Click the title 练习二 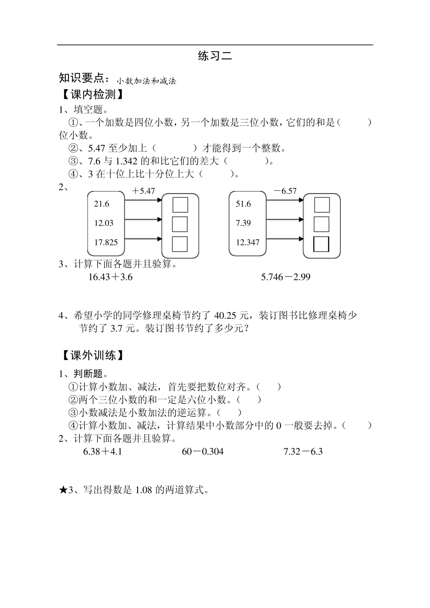point(215,56)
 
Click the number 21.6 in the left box point(101,204)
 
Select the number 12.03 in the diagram point(104,223)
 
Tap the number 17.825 point(106,243)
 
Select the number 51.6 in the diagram point(243,204)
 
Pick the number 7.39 point(243,223)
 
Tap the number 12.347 point(248,243)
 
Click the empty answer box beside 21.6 point(180,205)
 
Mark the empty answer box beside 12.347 point(321,244)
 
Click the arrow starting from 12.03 point(140,220)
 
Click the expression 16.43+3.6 point(110,277)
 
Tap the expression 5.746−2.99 point(286,277)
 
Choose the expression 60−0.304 point(202,452)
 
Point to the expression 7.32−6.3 point(303,452)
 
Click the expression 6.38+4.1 point(103,452)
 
